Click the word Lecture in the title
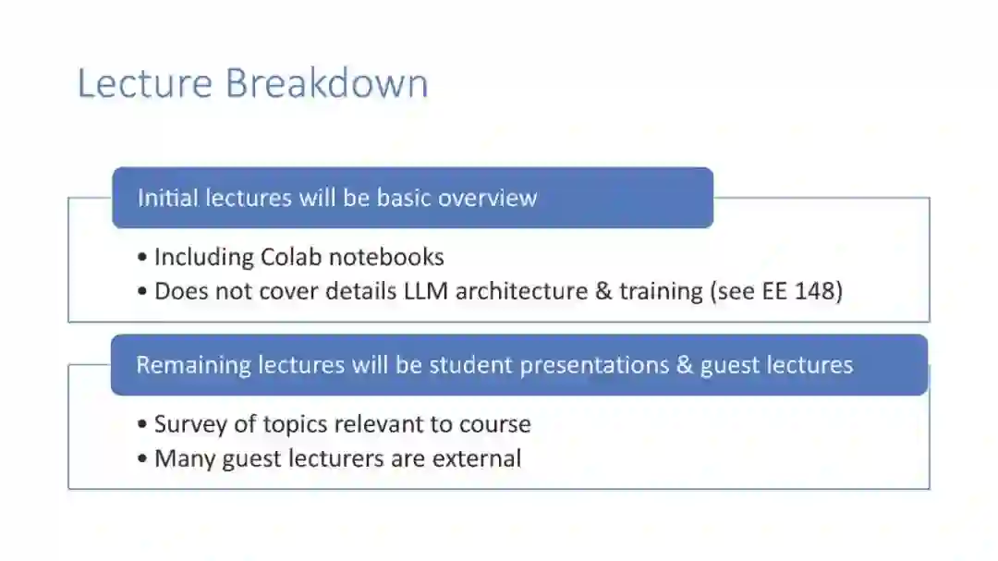point(144,83)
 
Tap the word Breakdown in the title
point(326,83)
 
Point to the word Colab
point(291,257)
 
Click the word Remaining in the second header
point(193,365)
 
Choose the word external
point(477,458)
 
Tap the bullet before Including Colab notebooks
point(142,257)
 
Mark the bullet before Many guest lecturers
point(142,459)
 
